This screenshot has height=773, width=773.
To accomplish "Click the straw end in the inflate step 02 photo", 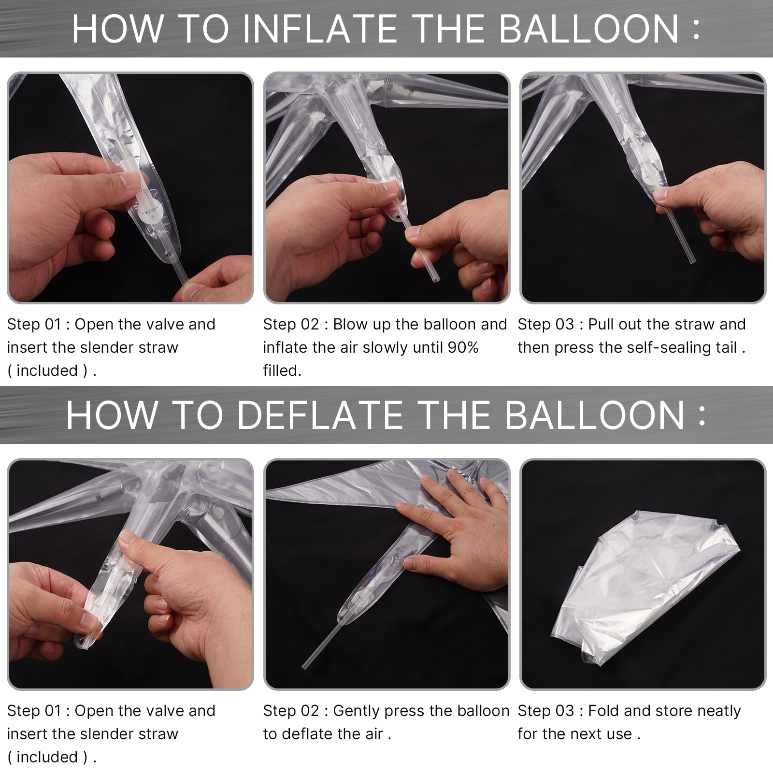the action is [435, 280].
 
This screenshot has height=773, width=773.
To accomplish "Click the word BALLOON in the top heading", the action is [589, 29].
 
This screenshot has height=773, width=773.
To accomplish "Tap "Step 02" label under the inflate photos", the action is [291, 324].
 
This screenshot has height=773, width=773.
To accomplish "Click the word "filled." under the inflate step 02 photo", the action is [282, 371].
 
